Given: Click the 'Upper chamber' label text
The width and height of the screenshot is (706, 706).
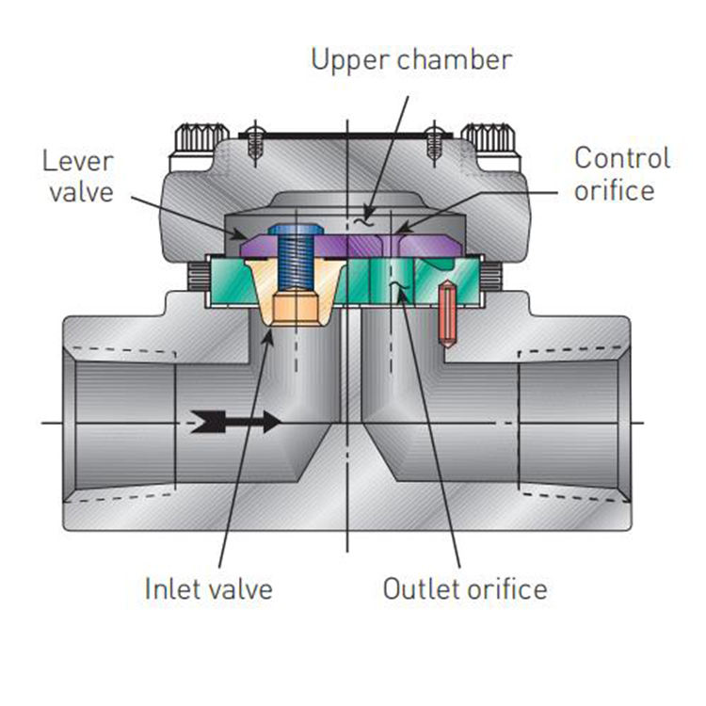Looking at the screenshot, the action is pyautogui.click(x=411, y=60).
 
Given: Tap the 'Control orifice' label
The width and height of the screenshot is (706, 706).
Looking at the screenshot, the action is pyautogui.click(x=623, y=174).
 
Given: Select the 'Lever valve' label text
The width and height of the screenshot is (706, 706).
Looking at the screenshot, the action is pyautogui.click(x=78, y=177).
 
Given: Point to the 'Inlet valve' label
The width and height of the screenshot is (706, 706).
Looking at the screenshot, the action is pyautogui.click(x=208, y=588).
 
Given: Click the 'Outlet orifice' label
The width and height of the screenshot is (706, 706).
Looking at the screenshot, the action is pyautogui.click(x=465, y=588).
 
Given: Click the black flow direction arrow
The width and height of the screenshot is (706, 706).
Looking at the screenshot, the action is pyautogui.click(x=235, y=422).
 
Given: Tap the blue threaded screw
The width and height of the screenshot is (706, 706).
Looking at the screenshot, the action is pyautogui.click(x=296, y=259).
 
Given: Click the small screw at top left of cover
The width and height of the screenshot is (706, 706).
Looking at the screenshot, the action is pyautogui.click(x=255, y=142).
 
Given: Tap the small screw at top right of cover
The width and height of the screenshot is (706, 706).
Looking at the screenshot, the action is pyautogui.click(x=434, y=142).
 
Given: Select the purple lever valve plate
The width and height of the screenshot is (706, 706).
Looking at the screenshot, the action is pyautogui.click(x=352, y=246).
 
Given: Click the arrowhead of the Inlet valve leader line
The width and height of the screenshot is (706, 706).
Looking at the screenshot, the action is pyautogui.click(x=270, y=330).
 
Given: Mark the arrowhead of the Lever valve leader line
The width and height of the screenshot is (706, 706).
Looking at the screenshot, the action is pyautogui.click(x=242, y=235).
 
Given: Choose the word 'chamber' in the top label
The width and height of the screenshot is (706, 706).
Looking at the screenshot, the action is pyautogui.click(x=455, y=60).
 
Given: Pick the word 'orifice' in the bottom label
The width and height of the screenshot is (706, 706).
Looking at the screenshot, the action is pyautogui.click(x=507, y=588).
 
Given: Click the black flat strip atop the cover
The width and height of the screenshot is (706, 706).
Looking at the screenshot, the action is pyautogui.click(x=345, y=135).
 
